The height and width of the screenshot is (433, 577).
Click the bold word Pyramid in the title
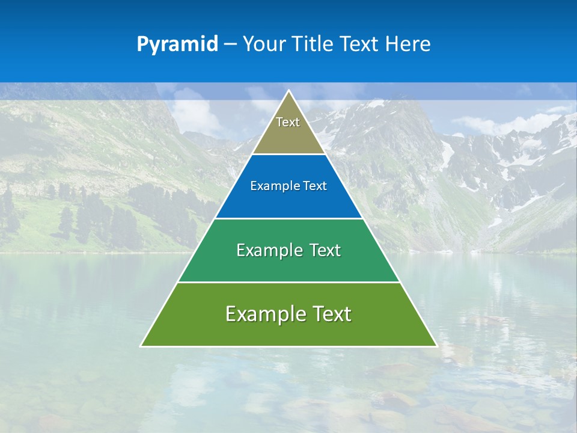click(177, 45)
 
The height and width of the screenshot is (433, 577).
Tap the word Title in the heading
click(314, 45)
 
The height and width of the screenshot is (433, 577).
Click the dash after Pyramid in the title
click(230, 45)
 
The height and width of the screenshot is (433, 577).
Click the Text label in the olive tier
click(288, 122)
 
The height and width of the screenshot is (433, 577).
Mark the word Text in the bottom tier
click(331, 314)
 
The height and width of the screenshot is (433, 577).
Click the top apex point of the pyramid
click(289, 91)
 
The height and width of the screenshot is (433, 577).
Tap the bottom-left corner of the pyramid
click(141, 346)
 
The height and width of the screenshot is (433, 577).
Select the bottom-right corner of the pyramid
click(436, 346)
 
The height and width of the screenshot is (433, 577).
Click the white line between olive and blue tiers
click(288, 155)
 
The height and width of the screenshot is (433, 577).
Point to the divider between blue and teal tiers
click(288, 218)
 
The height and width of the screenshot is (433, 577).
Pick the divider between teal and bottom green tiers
click(288, 282)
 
